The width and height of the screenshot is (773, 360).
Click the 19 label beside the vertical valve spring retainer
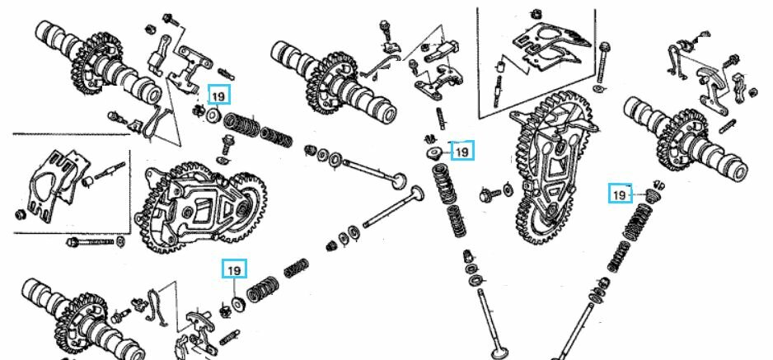pyautogui.click(x=461, y=152)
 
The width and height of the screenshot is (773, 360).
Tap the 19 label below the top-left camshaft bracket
pyautogui.click(x=218, y=96)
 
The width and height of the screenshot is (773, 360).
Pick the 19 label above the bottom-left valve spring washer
pyautogui.click(x=235, y=269)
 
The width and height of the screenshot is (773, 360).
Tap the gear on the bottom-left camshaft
pyautogui.click(x=79, y=313)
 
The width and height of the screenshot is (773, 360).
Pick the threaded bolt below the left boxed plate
pyautogui.click(x=92, y=243)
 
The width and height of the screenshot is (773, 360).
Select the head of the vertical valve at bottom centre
pyautogui.click(x=499, y=353)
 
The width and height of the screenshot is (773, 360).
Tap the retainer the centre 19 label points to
pyautogui.click(x=433, y=153)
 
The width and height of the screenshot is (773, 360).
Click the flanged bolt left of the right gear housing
pyautogui.click(x=489, y=193)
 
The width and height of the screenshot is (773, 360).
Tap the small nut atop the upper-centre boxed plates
pyautogui.click(x=537, y=13)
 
